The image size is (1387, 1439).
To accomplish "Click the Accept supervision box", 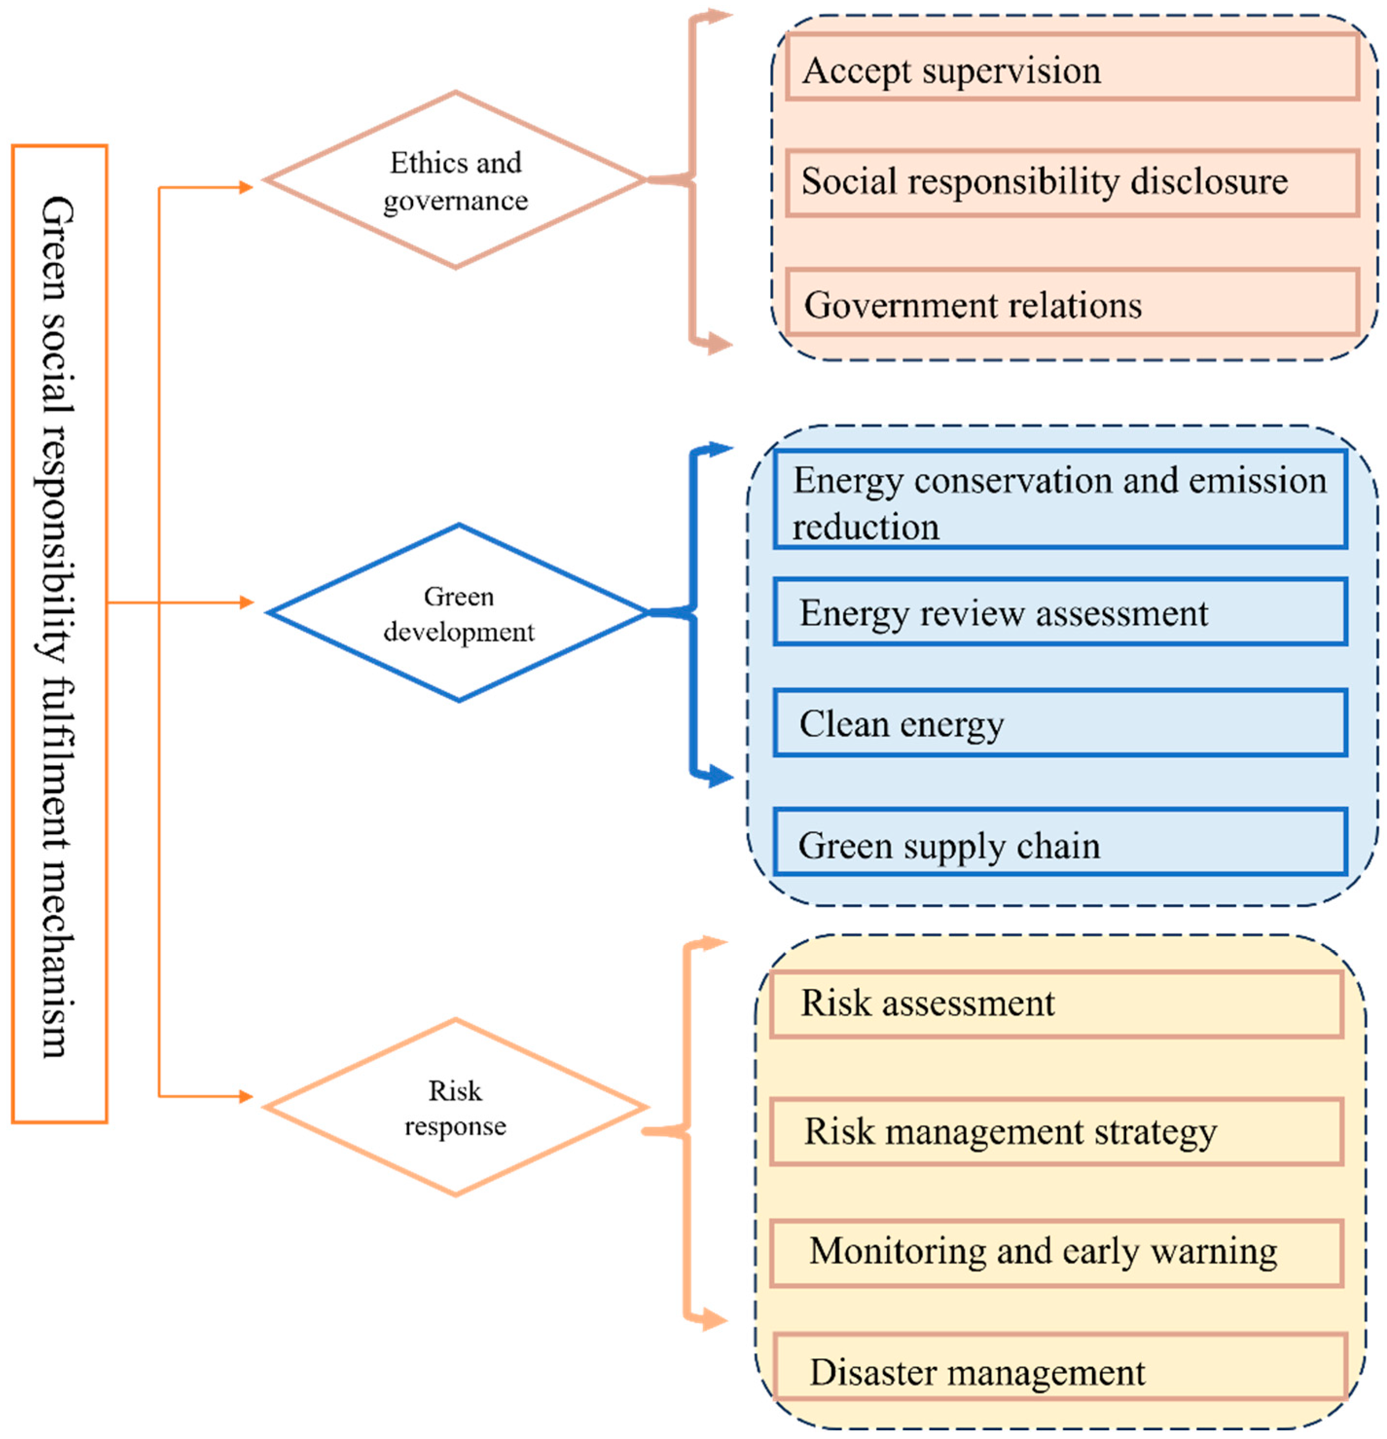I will point(1071,68).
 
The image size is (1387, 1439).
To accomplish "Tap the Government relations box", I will point(1071,303).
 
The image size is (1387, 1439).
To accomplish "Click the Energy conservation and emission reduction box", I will point(1060,500).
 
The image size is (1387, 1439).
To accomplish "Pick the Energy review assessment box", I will point(1060,612).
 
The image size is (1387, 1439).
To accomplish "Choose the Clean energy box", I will point(1060,723).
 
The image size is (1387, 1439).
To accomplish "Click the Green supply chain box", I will point(1060,843).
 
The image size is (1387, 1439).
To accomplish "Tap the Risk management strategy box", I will point(1055,1131).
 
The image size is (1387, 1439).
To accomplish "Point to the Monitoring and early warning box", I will point(1055,1253).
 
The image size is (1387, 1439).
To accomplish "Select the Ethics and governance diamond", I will point(455,181).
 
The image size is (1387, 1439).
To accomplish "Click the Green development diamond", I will point(459,613).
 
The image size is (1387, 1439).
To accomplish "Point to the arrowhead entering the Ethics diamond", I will point(246,188).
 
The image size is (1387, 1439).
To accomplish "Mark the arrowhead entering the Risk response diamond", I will point(246,1097).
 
